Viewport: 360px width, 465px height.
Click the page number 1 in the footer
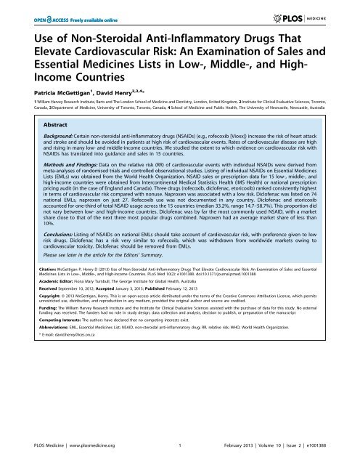click(x=179, y=453)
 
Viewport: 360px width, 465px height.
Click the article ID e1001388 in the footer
click(x=323, y=453)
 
